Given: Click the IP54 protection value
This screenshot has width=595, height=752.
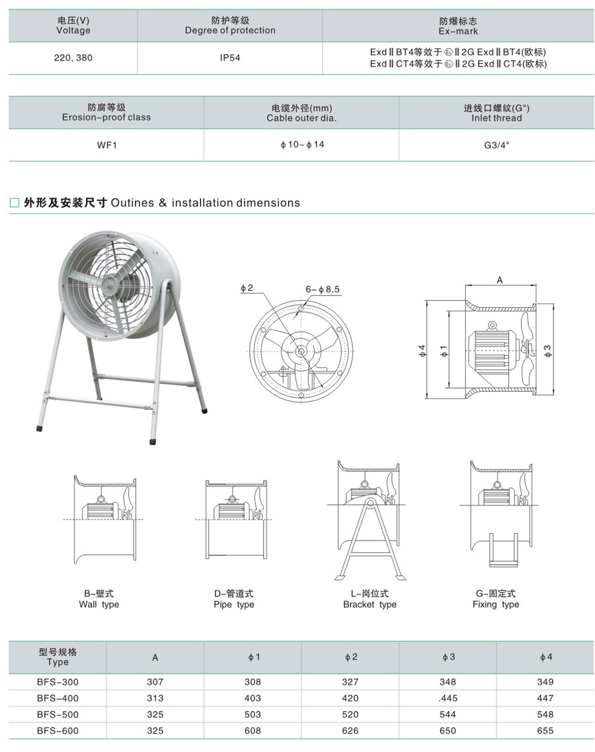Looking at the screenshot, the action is click(230, 57).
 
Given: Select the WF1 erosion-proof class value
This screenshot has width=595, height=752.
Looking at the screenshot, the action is click(106, 145).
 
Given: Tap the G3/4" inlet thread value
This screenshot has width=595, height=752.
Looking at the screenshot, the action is click(496, 145).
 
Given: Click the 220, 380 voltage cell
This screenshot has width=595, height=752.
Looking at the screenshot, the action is click(73, 57).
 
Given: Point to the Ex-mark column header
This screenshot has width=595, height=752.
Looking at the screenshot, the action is click(458, 26).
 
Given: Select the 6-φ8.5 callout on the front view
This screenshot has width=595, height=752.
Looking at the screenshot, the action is click(323, 289).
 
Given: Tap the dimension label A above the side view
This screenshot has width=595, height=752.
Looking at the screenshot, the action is click(500, 280).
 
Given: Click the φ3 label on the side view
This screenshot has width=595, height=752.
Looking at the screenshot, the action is click(548, 351).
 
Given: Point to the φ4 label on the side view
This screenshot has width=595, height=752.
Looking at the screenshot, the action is click(422, 351).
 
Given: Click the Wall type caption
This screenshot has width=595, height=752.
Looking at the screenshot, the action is click(99, 604).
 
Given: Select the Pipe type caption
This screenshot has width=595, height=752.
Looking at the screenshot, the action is click(233, 604).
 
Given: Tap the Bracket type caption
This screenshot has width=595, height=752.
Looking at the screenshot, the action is click(370, 604).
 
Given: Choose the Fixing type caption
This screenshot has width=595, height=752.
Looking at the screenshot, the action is click(496, 604).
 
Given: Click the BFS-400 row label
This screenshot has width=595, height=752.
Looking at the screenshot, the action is click(58, 698).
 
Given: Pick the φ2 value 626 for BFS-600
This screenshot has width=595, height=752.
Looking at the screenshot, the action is click(350, 731).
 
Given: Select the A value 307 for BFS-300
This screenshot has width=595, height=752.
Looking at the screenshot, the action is click(155, 682).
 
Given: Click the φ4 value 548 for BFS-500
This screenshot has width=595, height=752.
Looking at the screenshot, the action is click(545, 714).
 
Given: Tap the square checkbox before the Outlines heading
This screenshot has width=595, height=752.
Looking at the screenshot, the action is click(15, 203).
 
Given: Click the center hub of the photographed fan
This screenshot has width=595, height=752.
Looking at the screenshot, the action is click(106, 284).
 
